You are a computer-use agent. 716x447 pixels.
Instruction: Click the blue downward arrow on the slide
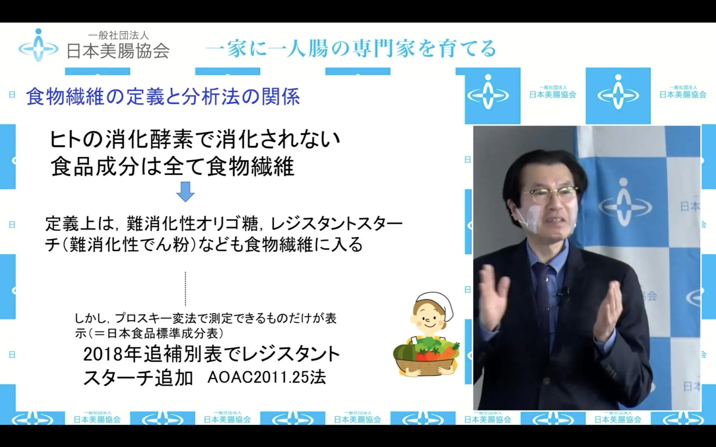(x=185, y=191)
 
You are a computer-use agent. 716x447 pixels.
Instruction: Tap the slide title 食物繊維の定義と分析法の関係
(x=163, y=97)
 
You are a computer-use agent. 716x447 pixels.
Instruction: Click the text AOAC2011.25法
(x=267, y=377)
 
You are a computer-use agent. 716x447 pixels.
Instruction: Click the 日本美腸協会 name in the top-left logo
(x=118, y=51)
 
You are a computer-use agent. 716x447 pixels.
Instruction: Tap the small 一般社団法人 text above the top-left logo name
(x=119, y=35)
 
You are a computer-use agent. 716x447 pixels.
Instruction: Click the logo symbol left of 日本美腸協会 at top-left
(x=38, y=45)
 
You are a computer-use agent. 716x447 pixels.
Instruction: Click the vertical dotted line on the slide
(x=185, y=289)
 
